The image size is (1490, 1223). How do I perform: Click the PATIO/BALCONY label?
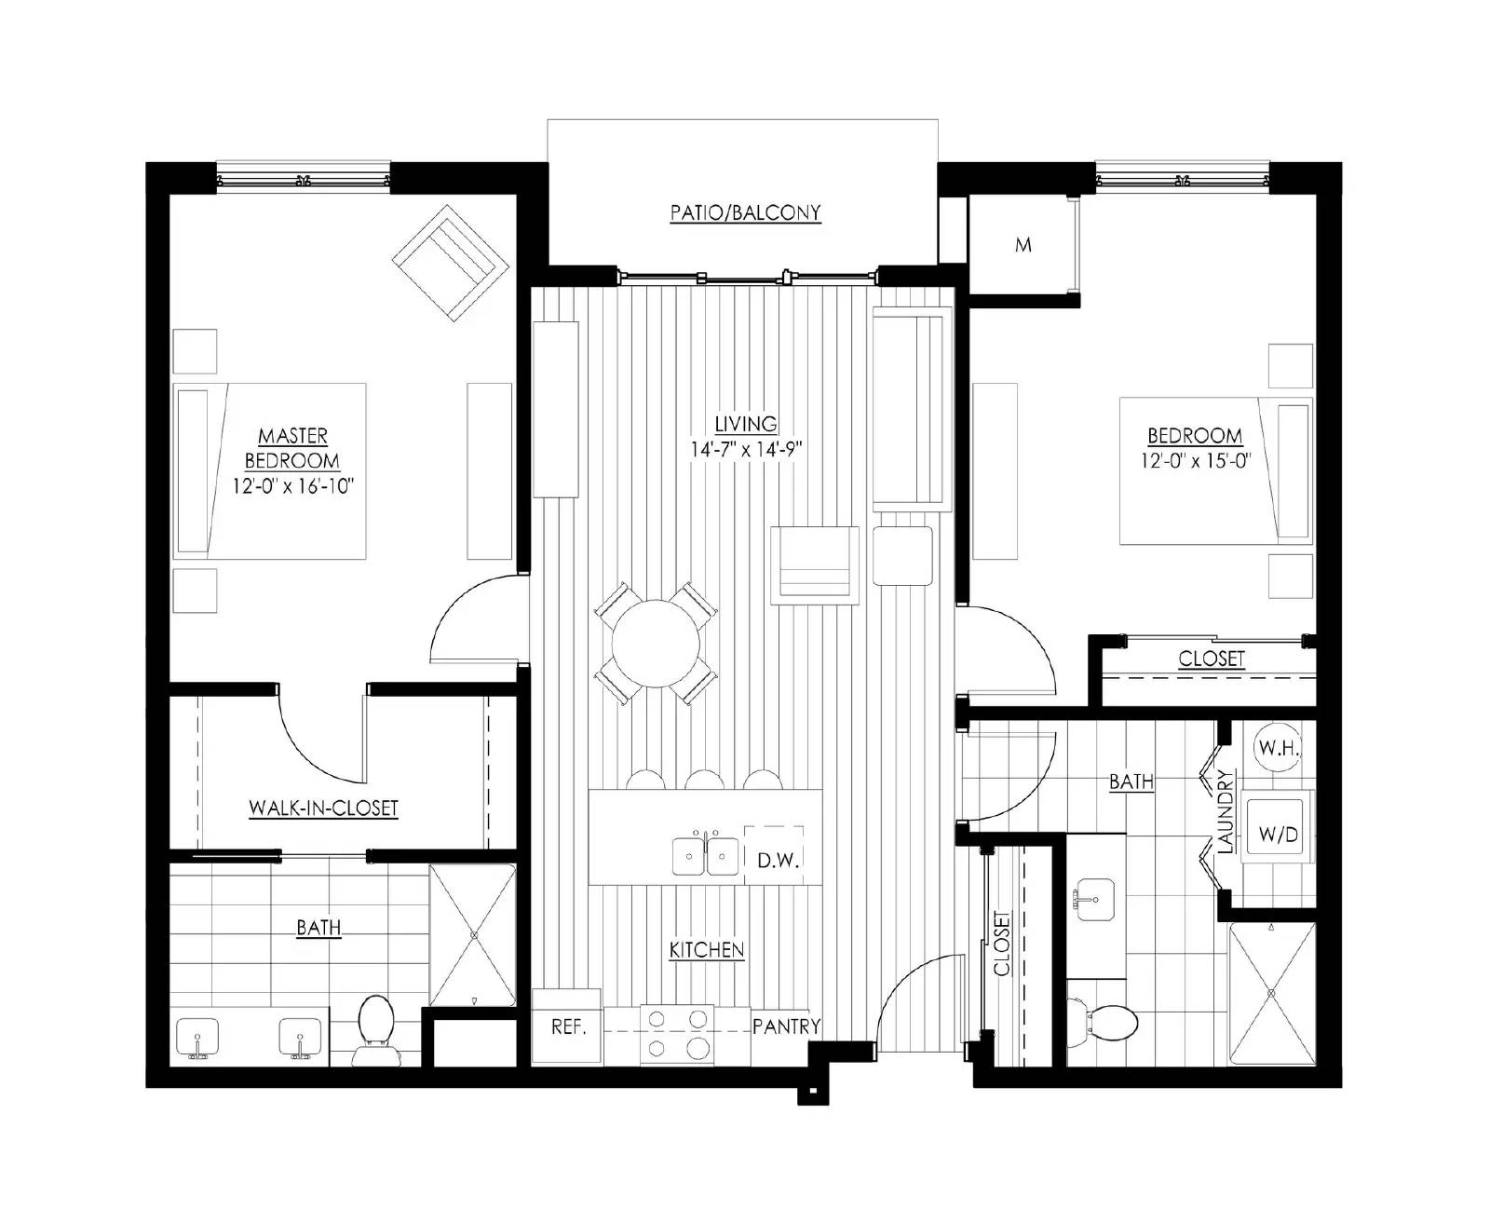pyautogui.click(x=745, y=213)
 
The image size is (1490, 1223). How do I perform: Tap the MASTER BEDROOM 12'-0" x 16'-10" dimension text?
pyautogui.click(x=294, y=485)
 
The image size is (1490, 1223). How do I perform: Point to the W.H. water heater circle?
pyautogui.click(x=1279, y=748)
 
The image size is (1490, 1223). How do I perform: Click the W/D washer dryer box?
pyautogui.click(x=1279, y=834)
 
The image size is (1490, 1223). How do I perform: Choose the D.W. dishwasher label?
pyautogui.click(x=779, y=860)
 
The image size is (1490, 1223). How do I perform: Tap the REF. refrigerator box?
pyautogui.click(x=567, y=1026)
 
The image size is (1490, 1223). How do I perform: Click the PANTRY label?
pyautogui.click(x=787, y=1026)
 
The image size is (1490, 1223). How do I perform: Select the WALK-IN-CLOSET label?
pyautogui.click(x=323, y=809)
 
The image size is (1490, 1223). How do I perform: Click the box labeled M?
pyautogui.click(x=1023, y=246)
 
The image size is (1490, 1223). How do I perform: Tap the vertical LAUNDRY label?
pyautogui.click(x=1226, y=810)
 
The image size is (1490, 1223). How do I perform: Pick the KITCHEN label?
pyautogui.click(x=707, y=950)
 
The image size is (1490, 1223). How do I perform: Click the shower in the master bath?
pyautogui.click(x=473, y=934)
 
